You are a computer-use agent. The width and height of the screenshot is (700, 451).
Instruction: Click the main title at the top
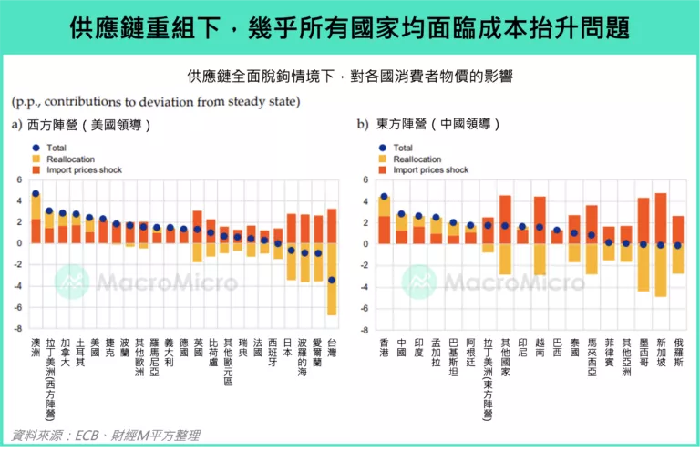coord(350,27)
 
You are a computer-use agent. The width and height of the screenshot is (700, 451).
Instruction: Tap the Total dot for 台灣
coord(332,280)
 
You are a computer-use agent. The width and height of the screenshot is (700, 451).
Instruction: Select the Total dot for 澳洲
coord(36,193)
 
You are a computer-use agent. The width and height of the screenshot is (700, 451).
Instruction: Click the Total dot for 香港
coord(384,196)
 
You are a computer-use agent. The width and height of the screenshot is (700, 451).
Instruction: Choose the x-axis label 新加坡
coord(661,354)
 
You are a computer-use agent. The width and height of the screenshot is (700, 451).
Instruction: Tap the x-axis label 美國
coord(89,349)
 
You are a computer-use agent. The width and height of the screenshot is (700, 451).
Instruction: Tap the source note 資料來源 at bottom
coord(107,435)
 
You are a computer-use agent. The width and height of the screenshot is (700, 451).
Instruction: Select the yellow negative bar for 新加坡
coord(661,270)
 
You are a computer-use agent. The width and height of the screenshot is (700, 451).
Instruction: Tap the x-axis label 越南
coord(540,349)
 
